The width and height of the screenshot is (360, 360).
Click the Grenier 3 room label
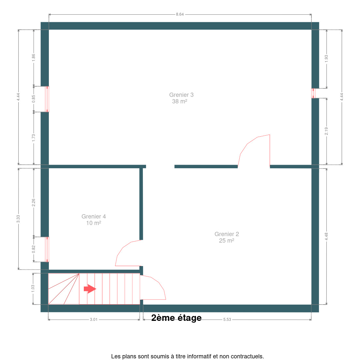(x=181, y=98)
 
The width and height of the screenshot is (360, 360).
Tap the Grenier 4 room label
(x=94, y=220)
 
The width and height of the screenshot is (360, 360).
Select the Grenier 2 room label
(x=227, y=237)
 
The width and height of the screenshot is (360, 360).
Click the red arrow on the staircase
(x=90, y=289)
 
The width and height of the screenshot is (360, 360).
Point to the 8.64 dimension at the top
(x=180, y=14)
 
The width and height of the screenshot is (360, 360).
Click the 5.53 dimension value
(x=227, y=320)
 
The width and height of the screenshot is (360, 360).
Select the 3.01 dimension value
(x=94, y=320)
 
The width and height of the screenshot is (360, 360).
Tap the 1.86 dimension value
(x=34, y=57)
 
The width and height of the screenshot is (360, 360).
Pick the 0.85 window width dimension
(x=34, y=99)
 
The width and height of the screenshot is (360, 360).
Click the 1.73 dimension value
(x=34, y=138)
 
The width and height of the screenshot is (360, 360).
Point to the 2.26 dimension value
(x=34, y=202)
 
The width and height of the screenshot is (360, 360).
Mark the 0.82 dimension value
(x=34, y=249)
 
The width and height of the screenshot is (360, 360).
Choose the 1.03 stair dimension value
(x=33, y=289)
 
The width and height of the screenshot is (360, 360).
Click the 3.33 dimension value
(x=18, y=219)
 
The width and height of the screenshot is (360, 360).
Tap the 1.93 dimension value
(x=326, y=59)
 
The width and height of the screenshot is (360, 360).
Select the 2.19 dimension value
(x=326, y=131)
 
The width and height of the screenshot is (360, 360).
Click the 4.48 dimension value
(x=326, y=236)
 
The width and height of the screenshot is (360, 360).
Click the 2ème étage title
(x=176, y=318)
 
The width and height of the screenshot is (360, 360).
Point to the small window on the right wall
(x=313, y=93)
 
